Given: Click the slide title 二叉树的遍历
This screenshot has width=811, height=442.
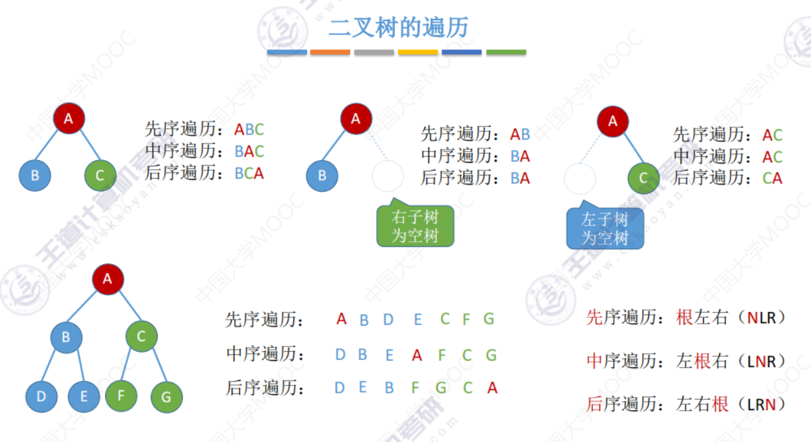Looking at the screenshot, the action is (x=399, y=28).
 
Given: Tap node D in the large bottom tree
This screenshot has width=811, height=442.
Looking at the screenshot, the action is (x=42, y=396).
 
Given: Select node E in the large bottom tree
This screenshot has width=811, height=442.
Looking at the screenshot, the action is (x=84, y=396).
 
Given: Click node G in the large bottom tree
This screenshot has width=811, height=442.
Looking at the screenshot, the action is (x=166, y=397).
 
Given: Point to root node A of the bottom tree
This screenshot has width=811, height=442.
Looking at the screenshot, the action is (x=108, y=279).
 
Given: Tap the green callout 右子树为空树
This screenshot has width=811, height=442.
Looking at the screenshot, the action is (x=416, y=226).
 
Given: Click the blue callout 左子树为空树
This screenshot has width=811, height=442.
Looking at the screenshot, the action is (x=605, y=229).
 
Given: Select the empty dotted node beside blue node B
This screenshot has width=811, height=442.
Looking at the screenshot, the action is (x=388, y=176).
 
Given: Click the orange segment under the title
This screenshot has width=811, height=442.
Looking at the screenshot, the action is (x=330, y=52).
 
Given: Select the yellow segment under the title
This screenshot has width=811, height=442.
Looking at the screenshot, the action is (x=418, y=52).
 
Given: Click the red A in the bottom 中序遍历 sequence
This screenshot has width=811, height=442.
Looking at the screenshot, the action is (x=417, y=355).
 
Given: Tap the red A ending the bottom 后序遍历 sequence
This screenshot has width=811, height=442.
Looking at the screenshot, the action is (x=492, y=388).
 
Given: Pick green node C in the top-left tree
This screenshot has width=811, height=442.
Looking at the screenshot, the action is (x=100, y=175).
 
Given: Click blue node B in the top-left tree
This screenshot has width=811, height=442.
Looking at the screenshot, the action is (x=34, y=175).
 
